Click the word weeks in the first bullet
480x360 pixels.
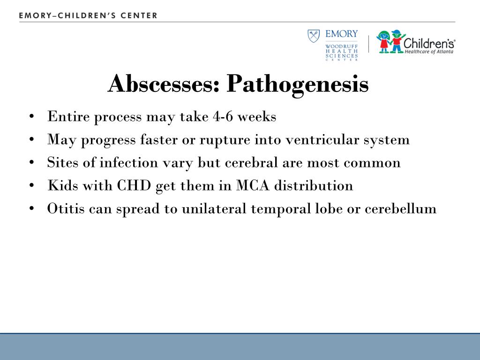257,117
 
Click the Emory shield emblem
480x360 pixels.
314,36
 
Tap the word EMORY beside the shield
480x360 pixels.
342,34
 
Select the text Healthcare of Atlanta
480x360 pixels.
429,52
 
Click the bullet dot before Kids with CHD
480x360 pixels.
31,186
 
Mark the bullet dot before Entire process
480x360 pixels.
31,117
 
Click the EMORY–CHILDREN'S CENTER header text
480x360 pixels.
88,15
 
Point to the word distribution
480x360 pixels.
314,185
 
